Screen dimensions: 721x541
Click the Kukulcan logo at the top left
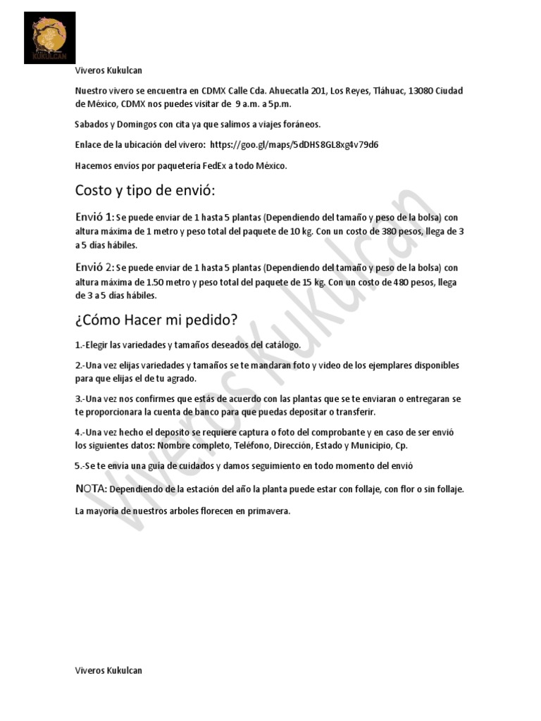(x=49, y=37)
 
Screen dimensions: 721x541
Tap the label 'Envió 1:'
(x=94, y=217)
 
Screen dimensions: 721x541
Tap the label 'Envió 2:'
(x=94, y=268)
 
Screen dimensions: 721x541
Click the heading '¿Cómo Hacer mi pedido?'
(x=156, y=320)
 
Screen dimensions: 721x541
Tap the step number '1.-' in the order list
(x=80, y=345)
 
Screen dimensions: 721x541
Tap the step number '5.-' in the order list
(x=80, y=465)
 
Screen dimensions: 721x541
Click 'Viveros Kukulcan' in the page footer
(x=108, y=670)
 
